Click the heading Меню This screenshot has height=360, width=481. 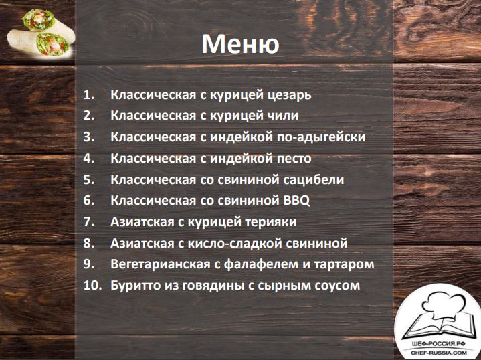coord(240,43)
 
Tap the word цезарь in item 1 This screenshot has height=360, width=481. coord(289,95)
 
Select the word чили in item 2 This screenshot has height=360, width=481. coord(280,116)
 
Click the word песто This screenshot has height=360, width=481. coord(294,159)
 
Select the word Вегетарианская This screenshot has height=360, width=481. coord(161,264)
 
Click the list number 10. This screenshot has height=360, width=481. coord(92,286)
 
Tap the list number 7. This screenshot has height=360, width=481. coord(88,222)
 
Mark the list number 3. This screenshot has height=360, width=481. coord(88,137)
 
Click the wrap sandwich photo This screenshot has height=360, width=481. coord(41,33)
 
